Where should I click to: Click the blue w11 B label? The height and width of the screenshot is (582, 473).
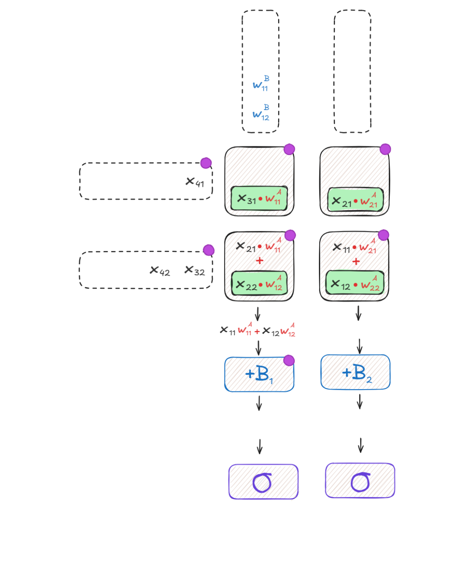pos(261,83)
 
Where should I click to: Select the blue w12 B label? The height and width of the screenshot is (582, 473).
pos(261,112)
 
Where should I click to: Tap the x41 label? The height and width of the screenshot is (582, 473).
pos(195,182)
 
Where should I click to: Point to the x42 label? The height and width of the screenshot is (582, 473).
pos(160,271)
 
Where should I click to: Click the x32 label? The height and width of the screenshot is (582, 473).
pos(195,271)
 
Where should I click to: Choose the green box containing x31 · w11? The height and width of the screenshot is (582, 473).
pos(259,199)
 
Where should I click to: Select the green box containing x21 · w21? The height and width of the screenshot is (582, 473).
pos(355,199)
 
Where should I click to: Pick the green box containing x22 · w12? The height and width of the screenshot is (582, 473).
pos(259,283)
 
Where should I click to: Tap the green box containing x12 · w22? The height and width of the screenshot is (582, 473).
pos(355,283)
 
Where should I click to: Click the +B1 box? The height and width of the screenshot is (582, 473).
pos(259,374)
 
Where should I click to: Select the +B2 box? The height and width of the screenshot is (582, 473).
pos(355,372)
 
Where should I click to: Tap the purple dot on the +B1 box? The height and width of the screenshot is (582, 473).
pos(289,360)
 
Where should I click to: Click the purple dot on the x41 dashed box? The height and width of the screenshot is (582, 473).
pos(206,163)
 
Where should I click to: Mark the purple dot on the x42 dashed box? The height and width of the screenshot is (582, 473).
pos(208,250)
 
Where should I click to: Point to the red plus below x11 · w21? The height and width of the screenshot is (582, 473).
pos(356,262)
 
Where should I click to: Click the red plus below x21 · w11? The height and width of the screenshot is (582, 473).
pos(260,260)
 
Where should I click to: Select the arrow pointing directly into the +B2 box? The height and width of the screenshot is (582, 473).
pos(360,346)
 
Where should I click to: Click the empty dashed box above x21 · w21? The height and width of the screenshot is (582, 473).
pos(352,71)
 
